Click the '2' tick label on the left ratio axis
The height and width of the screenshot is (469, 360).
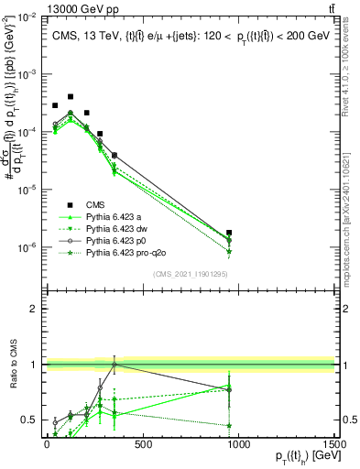point(33,309)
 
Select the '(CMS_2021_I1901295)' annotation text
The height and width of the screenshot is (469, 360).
point(190,274)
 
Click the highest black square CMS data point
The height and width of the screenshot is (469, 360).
point(71,95)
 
